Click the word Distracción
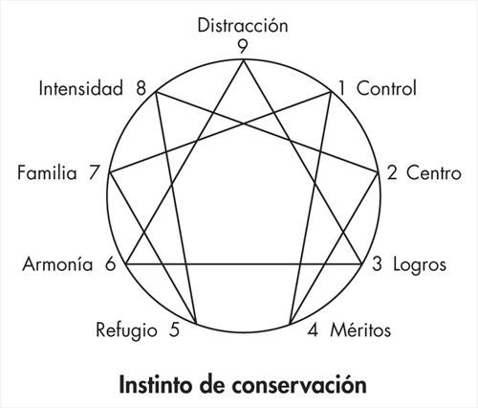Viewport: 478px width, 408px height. point(243,25)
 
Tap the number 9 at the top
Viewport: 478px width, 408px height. point(243,47)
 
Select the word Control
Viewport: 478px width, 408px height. point(386,88)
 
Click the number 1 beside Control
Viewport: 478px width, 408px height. point(341,88)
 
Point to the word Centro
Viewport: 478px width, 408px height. point(433,173)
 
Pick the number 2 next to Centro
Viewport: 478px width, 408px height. point(392,173)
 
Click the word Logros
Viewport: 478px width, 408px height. point(420,265)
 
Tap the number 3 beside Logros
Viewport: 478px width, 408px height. point(377,264)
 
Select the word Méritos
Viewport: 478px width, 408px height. point(360,329)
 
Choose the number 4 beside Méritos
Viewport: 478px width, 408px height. point(313,330)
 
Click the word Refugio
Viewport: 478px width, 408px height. point(126,330)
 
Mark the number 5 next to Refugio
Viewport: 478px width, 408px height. point(174,330)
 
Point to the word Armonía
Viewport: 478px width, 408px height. point(57,264)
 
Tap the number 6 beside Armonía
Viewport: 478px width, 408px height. point(110,264)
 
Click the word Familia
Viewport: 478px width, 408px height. point(47,173)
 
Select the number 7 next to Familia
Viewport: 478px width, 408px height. point(95,173)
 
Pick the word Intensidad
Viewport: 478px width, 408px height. point(80,88)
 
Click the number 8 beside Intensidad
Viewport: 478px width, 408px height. point(141,88)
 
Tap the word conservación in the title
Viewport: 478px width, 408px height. point(299,385)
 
